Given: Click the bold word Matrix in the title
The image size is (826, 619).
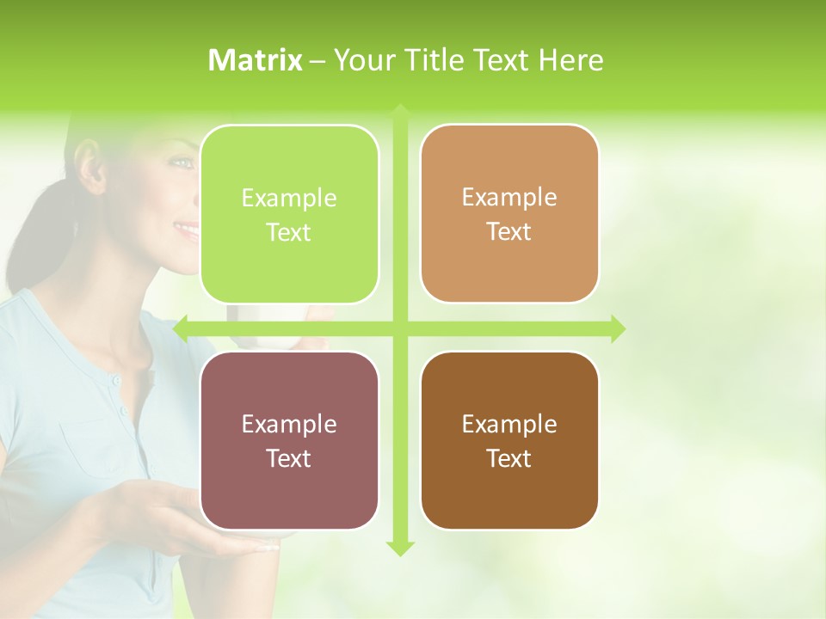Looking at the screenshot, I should coord(256,60).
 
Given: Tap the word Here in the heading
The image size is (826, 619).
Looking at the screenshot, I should coord(570,60).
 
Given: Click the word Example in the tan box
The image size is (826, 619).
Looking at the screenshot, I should coord(509,198).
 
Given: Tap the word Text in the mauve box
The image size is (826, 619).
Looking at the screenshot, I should coord(289,458).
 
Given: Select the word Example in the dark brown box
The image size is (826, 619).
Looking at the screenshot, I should coord(509,424).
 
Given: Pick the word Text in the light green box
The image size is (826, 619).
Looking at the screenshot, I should coord(289,232).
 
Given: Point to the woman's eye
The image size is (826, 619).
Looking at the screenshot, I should coord(181,161).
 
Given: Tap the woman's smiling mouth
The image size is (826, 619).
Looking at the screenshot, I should coord(187,229).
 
